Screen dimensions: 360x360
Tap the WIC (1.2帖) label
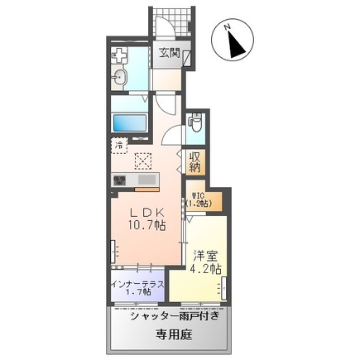(199, 199)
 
